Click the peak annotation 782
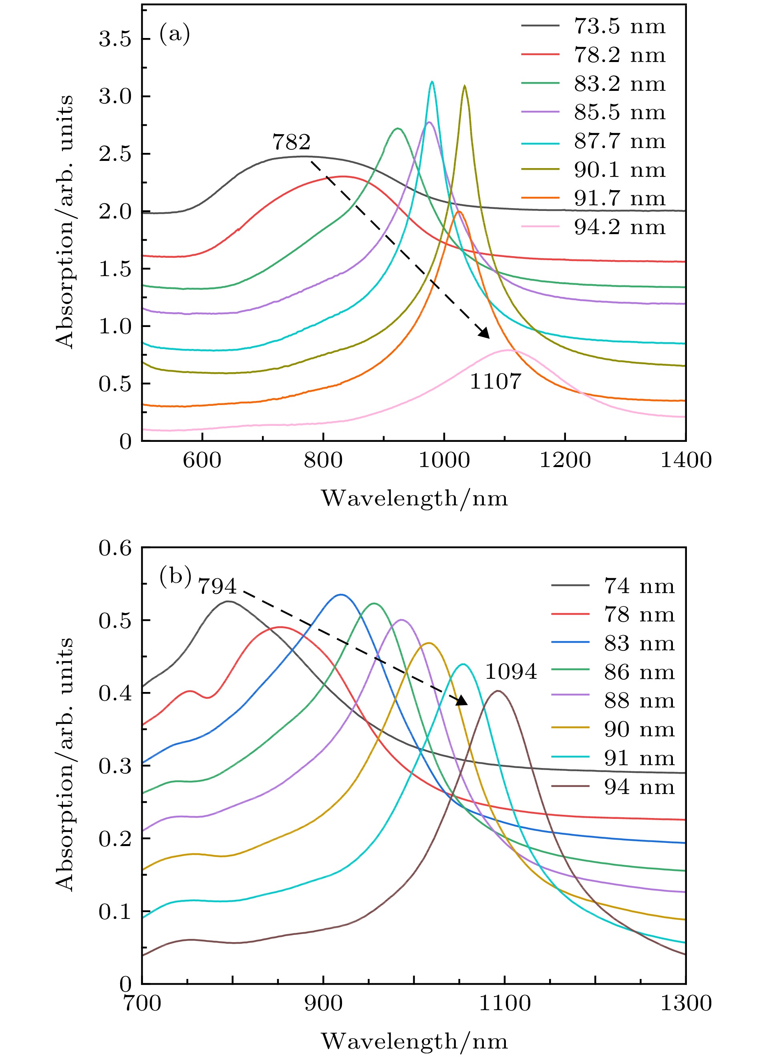(x=291, y=142)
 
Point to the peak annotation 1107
(x=495, y=381)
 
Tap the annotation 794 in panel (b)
(x=217, y=586)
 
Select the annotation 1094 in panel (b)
(x=511, y=672)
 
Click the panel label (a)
(x=175, y=34)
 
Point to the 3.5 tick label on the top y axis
(x=115, y=39)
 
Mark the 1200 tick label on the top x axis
(x=565, y=461)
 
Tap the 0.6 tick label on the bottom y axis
(x=115, y=548)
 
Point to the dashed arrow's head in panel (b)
(x=462, y=701)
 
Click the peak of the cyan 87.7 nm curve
(x=432, y=82)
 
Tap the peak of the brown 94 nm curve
(x=498, y=691)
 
